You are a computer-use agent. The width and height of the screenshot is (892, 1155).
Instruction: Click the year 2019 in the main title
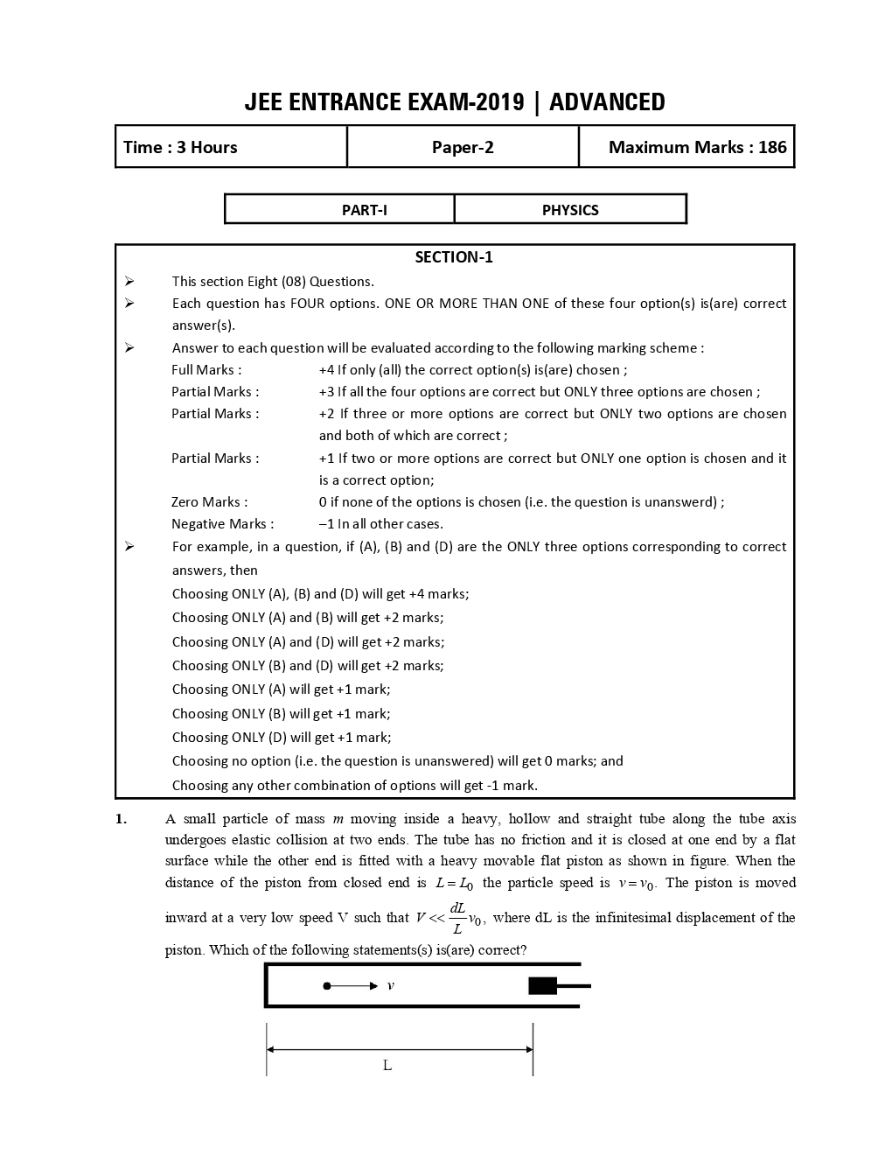pos(500,102)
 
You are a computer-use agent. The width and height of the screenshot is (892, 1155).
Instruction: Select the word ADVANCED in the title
pos(607,102)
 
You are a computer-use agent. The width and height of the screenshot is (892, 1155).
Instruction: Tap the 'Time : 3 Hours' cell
pos(181,147)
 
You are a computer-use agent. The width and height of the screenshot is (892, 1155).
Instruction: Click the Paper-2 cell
pos(463,147)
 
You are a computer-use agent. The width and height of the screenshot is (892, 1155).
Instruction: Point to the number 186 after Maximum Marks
pos(772,147)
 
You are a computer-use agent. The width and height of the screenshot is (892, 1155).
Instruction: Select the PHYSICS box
pos(570,210)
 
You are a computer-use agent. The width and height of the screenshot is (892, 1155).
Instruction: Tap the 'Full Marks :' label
pos(206,370)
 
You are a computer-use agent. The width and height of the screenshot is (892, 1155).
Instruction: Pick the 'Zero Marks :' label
pos(209,502)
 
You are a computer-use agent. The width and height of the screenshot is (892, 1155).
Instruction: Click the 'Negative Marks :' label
pos(222,524)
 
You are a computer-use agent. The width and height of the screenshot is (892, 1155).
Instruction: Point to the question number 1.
pos(121,819)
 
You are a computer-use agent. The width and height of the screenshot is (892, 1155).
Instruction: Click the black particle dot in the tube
pos(327,986)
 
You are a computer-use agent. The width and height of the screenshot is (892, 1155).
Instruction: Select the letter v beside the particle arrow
pos(390,986)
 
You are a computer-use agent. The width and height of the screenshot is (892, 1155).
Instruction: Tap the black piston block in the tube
pos(542,986)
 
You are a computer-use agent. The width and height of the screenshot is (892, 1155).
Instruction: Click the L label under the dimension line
pos(387,1065)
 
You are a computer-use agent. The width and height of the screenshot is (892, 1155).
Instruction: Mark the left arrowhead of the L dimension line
pos(270,1049)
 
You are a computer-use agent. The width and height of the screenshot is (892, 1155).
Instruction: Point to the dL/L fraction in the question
pos(457,918)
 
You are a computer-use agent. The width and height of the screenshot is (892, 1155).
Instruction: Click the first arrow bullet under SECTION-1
pos(129,281)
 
